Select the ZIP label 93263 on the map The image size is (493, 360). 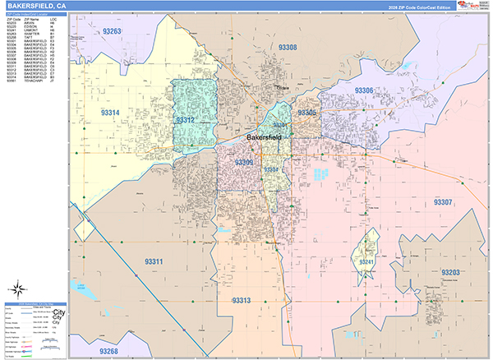pos(112,31)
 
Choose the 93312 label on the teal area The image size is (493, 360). pos(186,120)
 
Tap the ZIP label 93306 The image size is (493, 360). pos(364,90)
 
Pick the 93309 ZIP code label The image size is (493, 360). pos(244,163)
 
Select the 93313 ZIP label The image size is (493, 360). pos(241,301)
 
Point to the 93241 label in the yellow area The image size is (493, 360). pos(366,262)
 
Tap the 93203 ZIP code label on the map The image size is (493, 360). pos(451,272)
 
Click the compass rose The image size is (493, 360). pos(18,290)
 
